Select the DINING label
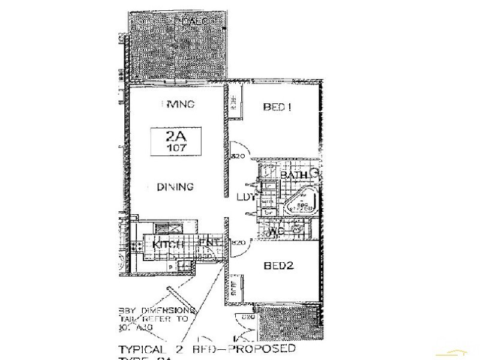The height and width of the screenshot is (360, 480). pos(175,187)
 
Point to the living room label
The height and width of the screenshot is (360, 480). pos(179,104)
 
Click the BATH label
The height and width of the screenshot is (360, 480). pos(294,175)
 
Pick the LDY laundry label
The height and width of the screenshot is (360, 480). pos(247,197)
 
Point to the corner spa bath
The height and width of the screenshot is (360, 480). pos(302,202)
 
